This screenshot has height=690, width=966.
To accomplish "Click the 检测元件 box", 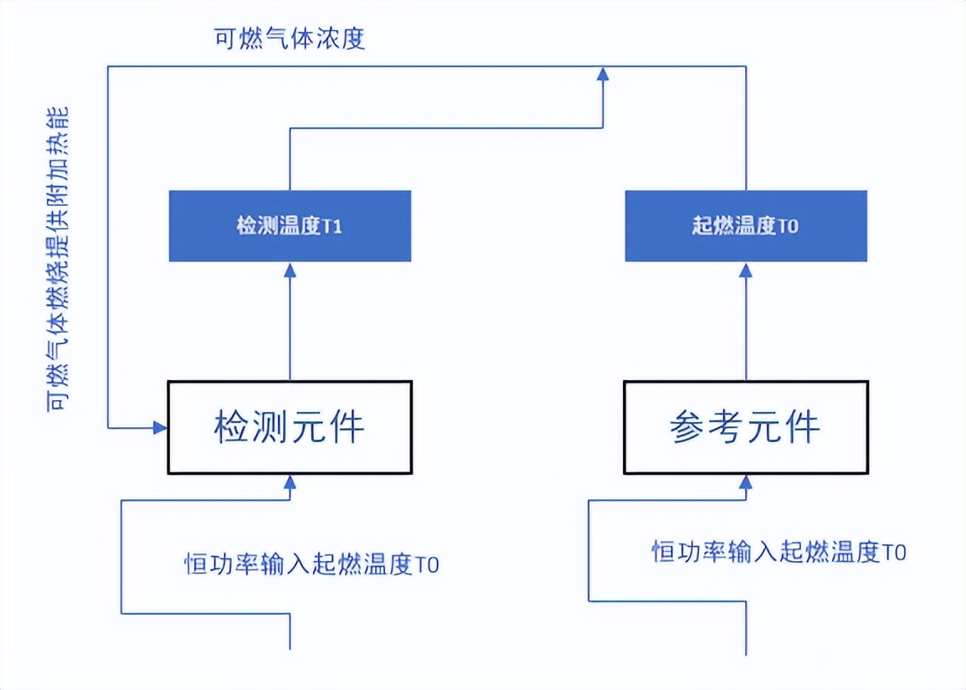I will [x=290, y=427].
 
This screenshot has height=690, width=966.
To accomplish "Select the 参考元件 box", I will [x=745, y=427].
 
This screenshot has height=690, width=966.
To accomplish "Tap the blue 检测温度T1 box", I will [x=290, y=226].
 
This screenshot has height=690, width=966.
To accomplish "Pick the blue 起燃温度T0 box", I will [x=745, y=226].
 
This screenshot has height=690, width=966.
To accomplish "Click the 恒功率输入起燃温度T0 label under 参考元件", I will [x=778, y=552].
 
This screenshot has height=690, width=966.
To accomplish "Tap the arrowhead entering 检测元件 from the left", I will [x=160, y=428].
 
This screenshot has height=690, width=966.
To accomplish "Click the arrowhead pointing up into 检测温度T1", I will [x=290, y=270].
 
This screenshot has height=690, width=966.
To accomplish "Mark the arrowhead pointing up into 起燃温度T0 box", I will [x=745, y=270].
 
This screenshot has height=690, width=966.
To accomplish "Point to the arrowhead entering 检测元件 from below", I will [x=290, y=481].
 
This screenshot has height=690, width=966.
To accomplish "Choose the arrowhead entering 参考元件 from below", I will [x=745, y=481].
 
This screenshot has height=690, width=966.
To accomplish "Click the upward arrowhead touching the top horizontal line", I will [x=602, y=75].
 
